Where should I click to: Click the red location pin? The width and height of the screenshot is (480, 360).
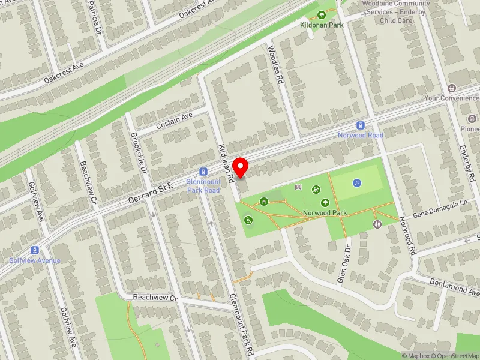coord(241,166)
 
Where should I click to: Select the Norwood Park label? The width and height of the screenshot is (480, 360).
coord(325,213)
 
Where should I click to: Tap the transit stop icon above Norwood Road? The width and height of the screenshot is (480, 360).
coord(360,125)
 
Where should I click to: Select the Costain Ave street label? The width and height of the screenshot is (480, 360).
coord(174,121)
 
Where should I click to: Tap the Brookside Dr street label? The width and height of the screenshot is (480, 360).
coord(139,152)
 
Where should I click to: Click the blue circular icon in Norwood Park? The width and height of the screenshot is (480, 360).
coord(358,184)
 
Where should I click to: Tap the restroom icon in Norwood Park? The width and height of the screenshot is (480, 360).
coord(377,224)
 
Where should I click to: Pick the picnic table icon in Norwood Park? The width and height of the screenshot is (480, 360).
coord(263,202)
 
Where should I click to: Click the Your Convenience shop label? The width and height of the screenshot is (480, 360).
coord(451,98)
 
